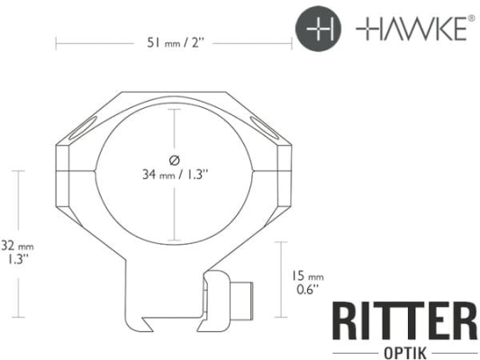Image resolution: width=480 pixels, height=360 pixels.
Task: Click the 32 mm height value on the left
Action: point(18,244)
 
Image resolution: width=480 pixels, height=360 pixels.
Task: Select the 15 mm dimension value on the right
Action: point(308,276)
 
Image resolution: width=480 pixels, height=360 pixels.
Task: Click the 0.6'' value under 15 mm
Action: point(307,290)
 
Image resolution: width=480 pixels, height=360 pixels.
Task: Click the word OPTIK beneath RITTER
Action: point(403,350)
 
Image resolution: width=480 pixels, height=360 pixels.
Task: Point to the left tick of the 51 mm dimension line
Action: point(56,42)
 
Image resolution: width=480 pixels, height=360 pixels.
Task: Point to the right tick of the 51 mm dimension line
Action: point(293,42)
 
